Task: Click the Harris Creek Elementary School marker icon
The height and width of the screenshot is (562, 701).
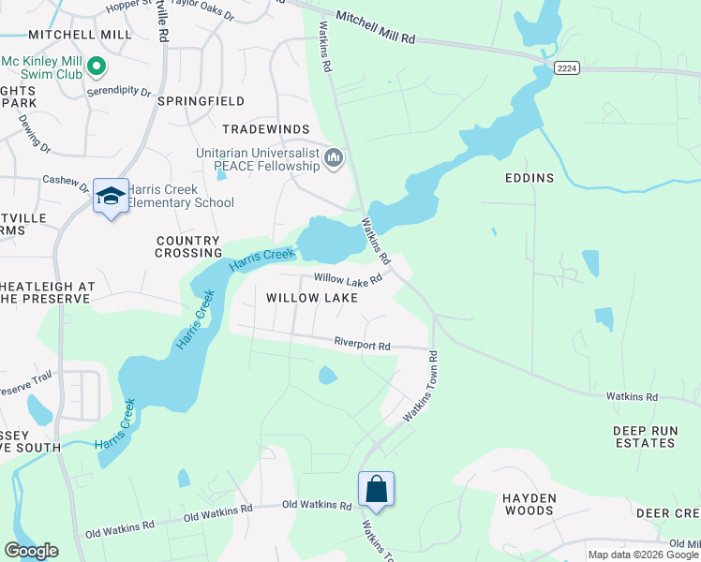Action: tap(111, 197)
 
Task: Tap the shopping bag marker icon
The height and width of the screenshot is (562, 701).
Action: tap(376, 489)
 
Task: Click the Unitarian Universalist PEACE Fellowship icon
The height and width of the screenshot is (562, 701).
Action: tap(334, 160)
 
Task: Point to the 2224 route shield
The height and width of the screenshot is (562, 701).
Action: tap(565, 67)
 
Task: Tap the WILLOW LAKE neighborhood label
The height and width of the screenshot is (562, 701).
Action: tap(311, 298)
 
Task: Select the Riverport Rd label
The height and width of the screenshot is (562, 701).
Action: tap(362, 345)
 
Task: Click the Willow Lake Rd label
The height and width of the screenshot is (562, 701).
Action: tap(348, 278)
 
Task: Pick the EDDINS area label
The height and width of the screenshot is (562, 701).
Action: tap(529, 178)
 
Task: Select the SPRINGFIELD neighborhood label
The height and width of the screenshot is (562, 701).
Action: tap(201, 100)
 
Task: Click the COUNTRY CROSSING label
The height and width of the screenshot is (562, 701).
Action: tap(188, 247)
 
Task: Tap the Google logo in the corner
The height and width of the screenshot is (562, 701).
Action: tap(31, 551)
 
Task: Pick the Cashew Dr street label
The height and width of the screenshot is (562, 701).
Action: tap(66, 180)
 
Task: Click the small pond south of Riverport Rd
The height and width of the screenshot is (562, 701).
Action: tap(327, 376)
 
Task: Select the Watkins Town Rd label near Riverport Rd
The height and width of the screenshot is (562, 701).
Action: tap(421, 386)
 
